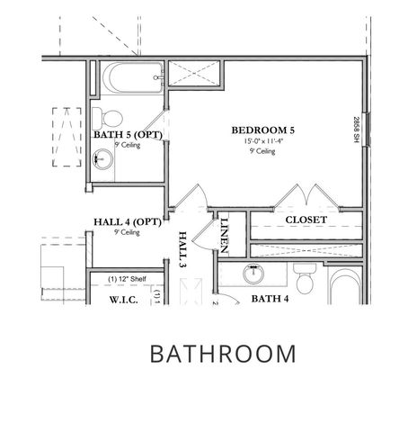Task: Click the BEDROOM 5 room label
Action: click(262, 130)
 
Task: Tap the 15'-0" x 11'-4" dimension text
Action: click(262, 141)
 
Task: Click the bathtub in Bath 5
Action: click(125, 80)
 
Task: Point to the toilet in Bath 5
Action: click(109, 116)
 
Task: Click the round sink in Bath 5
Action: click(102, 160)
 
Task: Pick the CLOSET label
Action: click(306, 220)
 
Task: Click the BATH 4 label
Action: click(269, 298)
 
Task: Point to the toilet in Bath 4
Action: click(305, 283)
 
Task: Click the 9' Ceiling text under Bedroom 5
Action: click(262, 151)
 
